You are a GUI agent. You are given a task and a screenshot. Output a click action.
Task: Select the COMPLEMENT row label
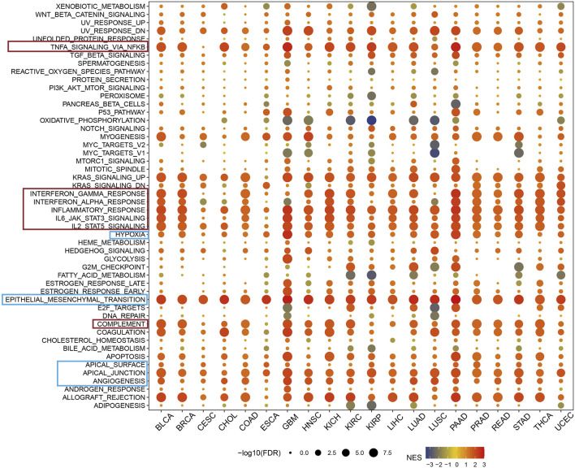coord(123,324)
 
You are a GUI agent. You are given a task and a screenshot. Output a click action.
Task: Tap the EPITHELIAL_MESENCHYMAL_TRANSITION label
coord(76,300)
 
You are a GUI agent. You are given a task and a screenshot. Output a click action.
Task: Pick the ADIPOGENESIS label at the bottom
coord(119,405)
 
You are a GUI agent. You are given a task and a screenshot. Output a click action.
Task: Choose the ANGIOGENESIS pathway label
coord(116,380)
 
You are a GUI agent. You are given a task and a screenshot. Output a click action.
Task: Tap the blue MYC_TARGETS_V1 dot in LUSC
coord(434,153)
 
